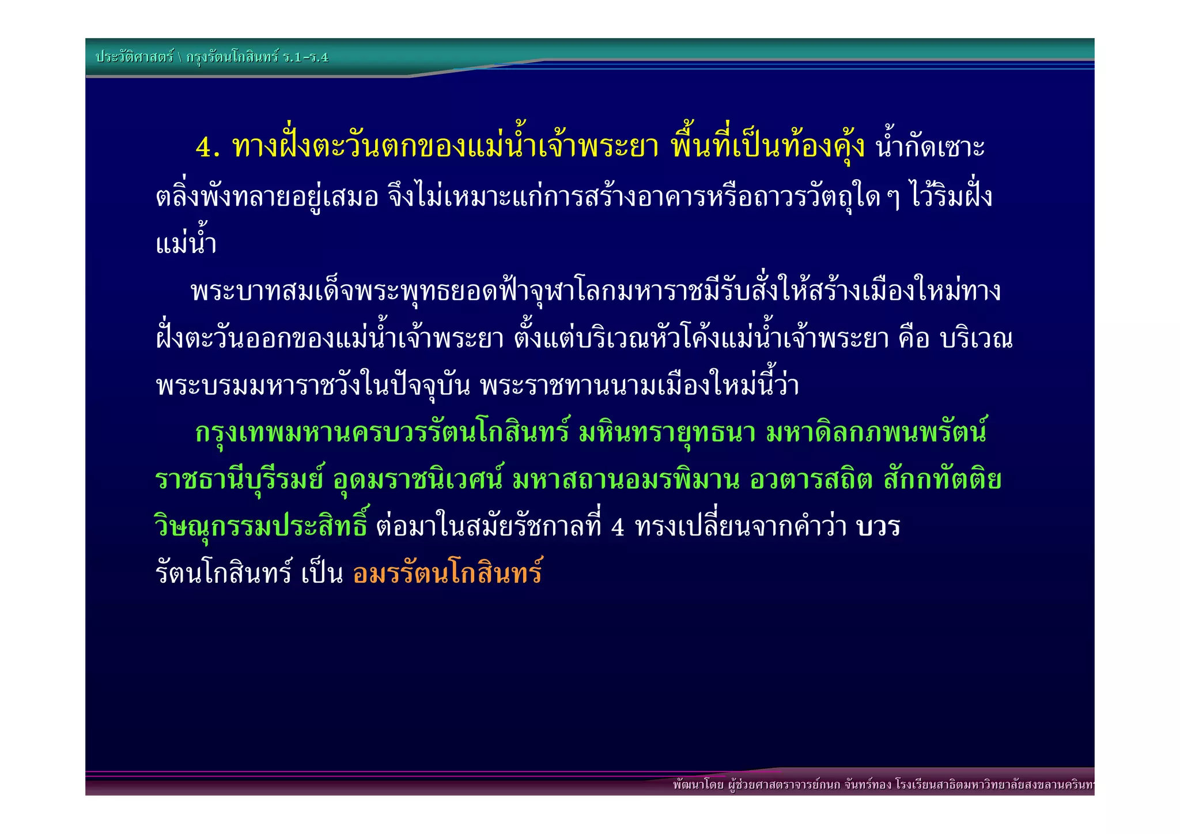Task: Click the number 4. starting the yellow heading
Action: (207, 147)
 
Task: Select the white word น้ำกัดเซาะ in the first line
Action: (930, 147)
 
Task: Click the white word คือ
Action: (914, 339)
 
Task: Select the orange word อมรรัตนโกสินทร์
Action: (448, 573)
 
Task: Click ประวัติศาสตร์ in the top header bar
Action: (134, 57)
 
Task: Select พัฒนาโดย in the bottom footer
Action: (698, 785)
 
